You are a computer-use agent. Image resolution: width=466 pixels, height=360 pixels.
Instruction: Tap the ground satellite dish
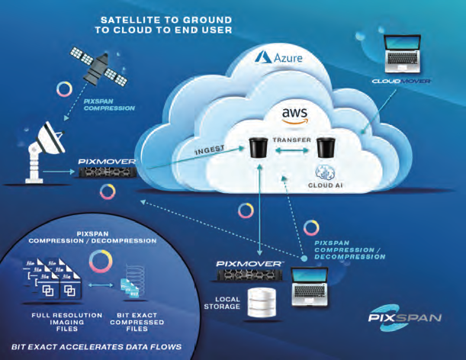click(x=44, y=152)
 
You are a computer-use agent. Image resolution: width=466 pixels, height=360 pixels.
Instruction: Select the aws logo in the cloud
click(x=295, y=116)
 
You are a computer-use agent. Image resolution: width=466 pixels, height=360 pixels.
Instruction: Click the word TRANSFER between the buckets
click(x=292, y=140)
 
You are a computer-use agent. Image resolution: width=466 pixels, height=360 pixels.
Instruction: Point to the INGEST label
click(x=210, y=149)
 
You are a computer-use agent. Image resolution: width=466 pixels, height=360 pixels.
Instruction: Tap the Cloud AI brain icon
click(x=325, y=172)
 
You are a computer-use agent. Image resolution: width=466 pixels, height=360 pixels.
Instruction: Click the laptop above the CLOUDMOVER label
click(x=402, y=53)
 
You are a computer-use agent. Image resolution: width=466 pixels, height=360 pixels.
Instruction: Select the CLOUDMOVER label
click(x=401, y=81)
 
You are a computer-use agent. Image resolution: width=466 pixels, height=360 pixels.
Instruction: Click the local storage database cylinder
click(x=262, y=302)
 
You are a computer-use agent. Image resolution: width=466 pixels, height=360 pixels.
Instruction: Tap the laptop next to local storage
click(x=310, y=287)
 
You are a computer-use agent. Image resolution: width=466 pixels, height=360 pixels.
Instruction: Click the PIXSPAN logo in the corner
click(x=405, y=318)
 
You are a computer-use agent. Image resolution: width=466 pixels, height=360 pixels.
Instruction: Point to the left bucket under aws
click(x=256, y=147)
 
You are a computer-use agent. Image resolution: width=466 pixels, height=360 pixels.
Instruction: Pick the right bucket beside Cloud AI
click(x=326, y=147)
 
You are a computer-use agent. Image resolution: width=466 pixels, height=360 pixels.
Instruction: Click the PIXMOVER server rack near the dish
click(x=108, y=172)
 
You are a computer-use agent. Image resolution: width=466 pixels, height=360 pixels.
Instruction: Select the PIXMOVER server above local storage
click(x=249, y=275)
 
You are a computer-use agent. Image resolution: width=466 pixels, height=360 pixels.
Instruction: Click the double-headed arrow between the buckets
click(x=292, y=151)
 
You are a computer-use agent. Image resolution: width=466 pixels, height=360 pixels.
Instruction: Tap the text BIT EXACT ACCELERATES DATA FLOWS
click(x=96, y=346)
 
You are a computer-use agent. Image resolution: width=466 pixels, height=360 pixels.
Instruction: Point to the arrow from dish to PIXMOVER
click(x=58, y=172)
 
